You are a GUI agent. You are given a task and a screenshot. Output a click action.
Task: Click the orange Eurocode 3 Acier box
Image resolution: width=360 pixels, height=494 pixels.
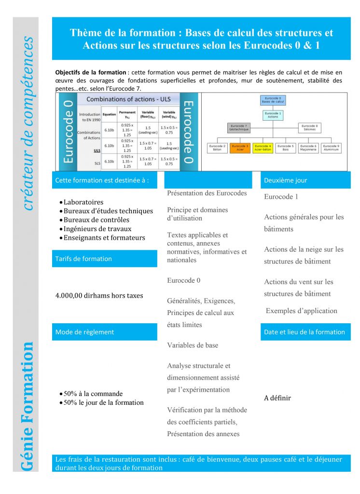(x=240, y=148)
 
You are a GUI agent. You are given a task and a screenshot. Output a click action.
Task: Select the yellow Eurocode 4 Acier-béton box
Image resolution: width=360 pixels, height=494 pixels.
(x=263, y=148)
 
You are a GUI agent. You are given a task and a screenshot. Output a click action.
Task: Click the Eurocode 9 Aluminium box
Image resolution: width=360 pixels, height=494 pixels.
(x=332, y=148)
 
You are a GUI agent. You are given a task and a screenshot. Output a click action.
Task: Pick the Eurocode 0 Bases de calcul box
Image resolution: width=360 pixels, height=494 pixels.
(x=274, y=100)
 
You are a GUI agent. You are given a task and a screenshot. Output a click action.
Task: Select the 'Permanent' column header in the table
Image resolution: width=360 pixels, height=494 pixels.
(x=127, y=114)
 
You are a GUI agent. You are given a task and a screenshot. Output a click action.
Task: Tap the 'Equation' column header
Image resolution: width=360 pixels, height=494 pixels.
(x=109, y=114)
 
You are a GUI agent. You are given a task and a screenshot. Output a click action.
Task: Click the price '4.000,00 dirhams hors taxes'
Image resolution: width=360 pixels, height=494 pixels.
(x=99, y=295)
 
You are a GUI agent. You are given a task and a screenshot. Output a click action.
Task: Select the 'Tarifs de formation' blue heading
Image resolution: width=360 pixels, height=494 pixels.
(x=83, y=259)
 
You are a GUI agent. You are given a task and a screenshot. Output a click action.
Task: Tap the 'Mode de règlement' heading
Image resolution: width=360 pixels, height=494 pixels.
(x=85, y=332)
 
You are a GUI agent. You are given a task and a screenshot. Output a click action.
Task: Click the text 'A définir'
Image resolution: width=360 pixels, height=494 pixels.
(x=277, y=398)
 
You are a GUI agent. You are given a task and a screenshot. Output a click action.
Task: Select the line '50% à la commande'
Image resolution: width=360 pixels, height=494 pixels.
(x=93, y=394)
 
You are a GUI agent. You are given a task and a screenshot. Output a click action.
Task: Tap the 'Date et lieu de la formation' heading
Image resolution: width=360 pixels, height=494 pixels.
(x=305, y=332)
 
